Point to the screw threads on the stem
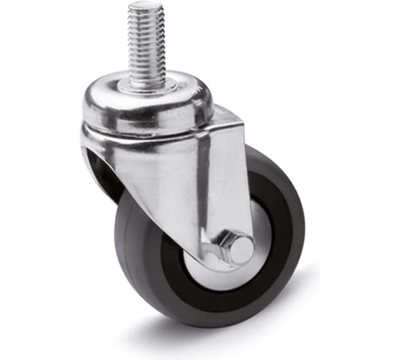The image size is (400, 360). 146,43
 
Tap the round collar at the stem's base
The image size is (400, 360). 149,85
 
